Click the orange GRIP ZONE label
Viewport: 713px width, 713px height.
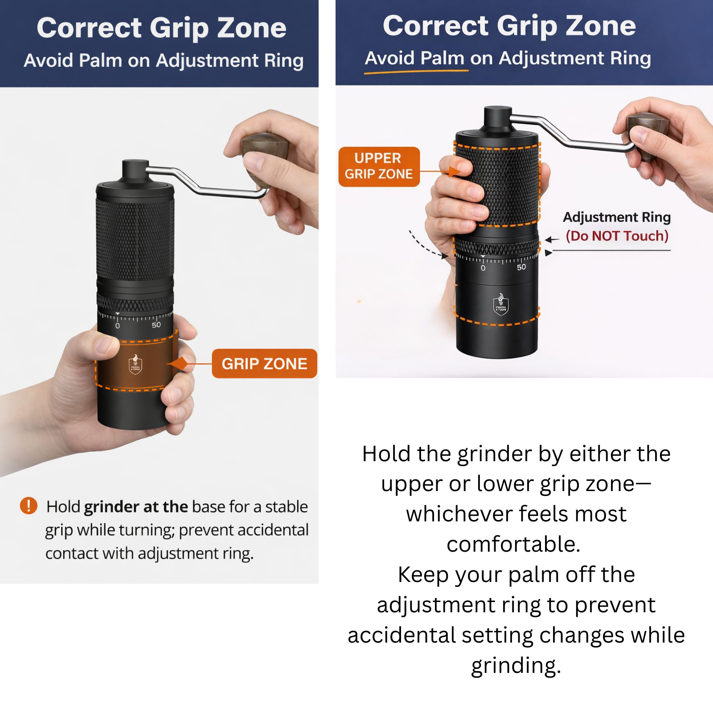pos(264,364)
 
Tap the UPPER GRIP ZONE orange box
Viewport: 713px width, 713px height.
pos(379,166)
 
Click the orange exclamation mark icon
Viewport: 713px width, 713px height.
pos(29,506)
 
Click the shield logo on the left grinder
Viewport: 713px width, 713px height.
pos(135,364)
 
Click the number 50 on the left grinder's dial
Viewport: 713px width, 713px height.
pos(156,325)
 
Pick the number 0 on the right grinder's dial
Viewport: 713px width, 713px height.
pos(483,268)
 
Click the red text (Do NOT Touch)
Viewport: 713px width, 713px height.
pos(617,236)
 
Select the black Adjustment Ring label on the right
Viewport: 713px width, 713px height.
pos(617,217)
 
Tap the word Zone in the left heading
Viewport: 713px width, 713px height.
pos(252,28)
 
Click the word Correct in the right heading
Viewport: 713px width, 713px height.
pos(436,25)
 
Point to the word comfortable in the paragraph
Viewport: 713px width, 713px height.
pos(513,544)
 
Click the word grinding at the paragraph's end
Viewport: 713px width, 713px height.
pos(516,666)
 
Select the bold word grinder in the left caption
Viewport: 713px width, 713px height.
pos(111,507)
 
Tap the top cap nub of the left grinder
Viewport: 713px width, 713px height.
pos(135,171)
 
